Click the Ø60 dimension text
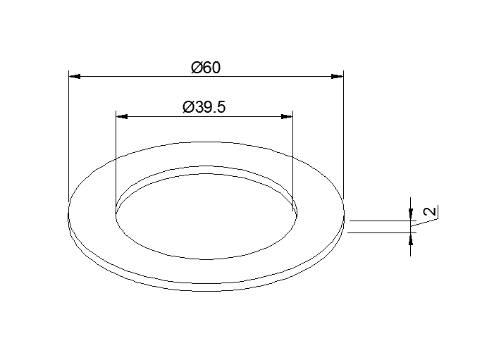206,68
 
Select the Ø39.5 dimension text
204,107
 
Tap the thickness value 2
431,211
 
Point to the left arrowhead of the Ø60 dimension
75,77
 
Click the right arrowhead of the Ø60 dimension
337,77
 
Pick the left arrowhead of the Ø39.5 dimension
122,116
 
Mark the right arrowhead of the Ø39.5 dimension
287,116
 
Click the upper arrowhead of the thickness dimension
411,214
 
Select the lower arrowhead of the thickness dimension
411,239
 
